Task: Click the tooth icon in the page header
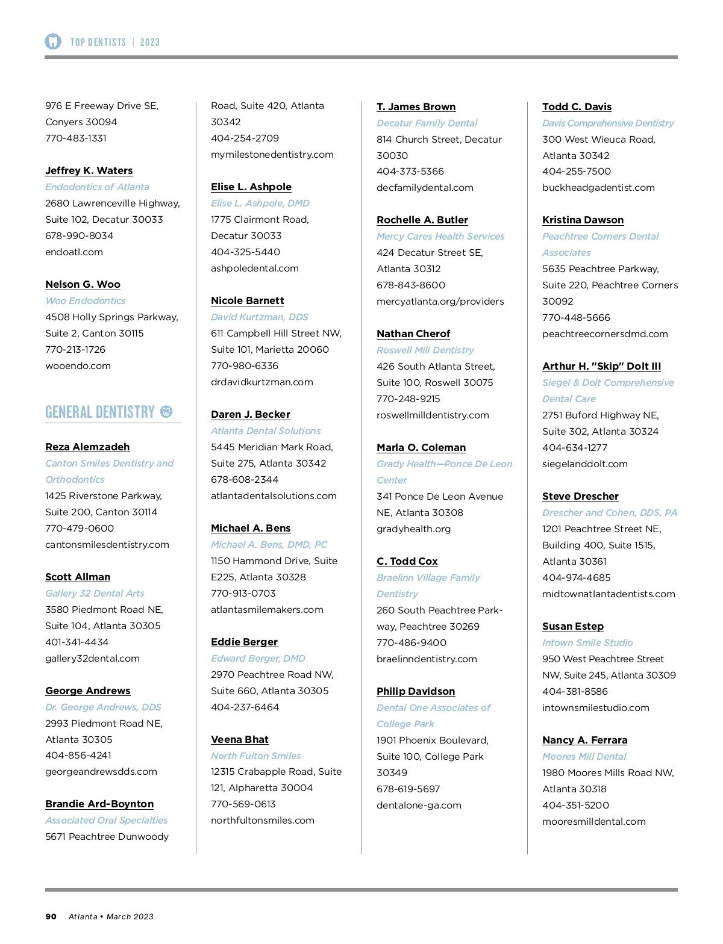(53, 42)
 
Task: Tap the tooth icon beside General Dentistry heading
(166, 412)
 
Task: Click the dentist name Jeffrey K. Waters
(89, 171)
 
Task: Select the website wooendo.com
(78, 366)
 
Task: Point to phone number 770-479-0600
(80, 529)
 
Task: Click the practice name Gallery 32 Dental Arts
(95, 594)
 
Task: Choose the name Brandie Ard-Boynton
(99, 804)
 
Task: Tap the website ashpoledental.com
(254, 269)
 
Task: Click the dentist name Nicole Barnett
(247, 301)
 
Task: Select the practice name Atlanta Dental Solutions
(266, 431)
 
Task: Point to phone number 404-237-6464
(245, 707)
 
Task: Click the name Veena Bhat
(239, 740)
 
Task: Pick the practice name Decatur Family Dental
(427, 123)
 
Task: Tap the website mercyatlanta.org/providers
(440, 302)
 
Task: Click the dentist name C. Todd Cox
(407, 562)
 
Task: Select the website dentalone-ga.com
(419, 806)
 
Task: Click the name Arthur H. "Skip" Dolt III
(601, 367)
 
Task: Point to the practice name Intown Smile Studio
(587, 643)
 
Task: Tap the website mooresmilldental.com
(593, 822)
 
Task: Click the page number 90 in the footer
(51, 917)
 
